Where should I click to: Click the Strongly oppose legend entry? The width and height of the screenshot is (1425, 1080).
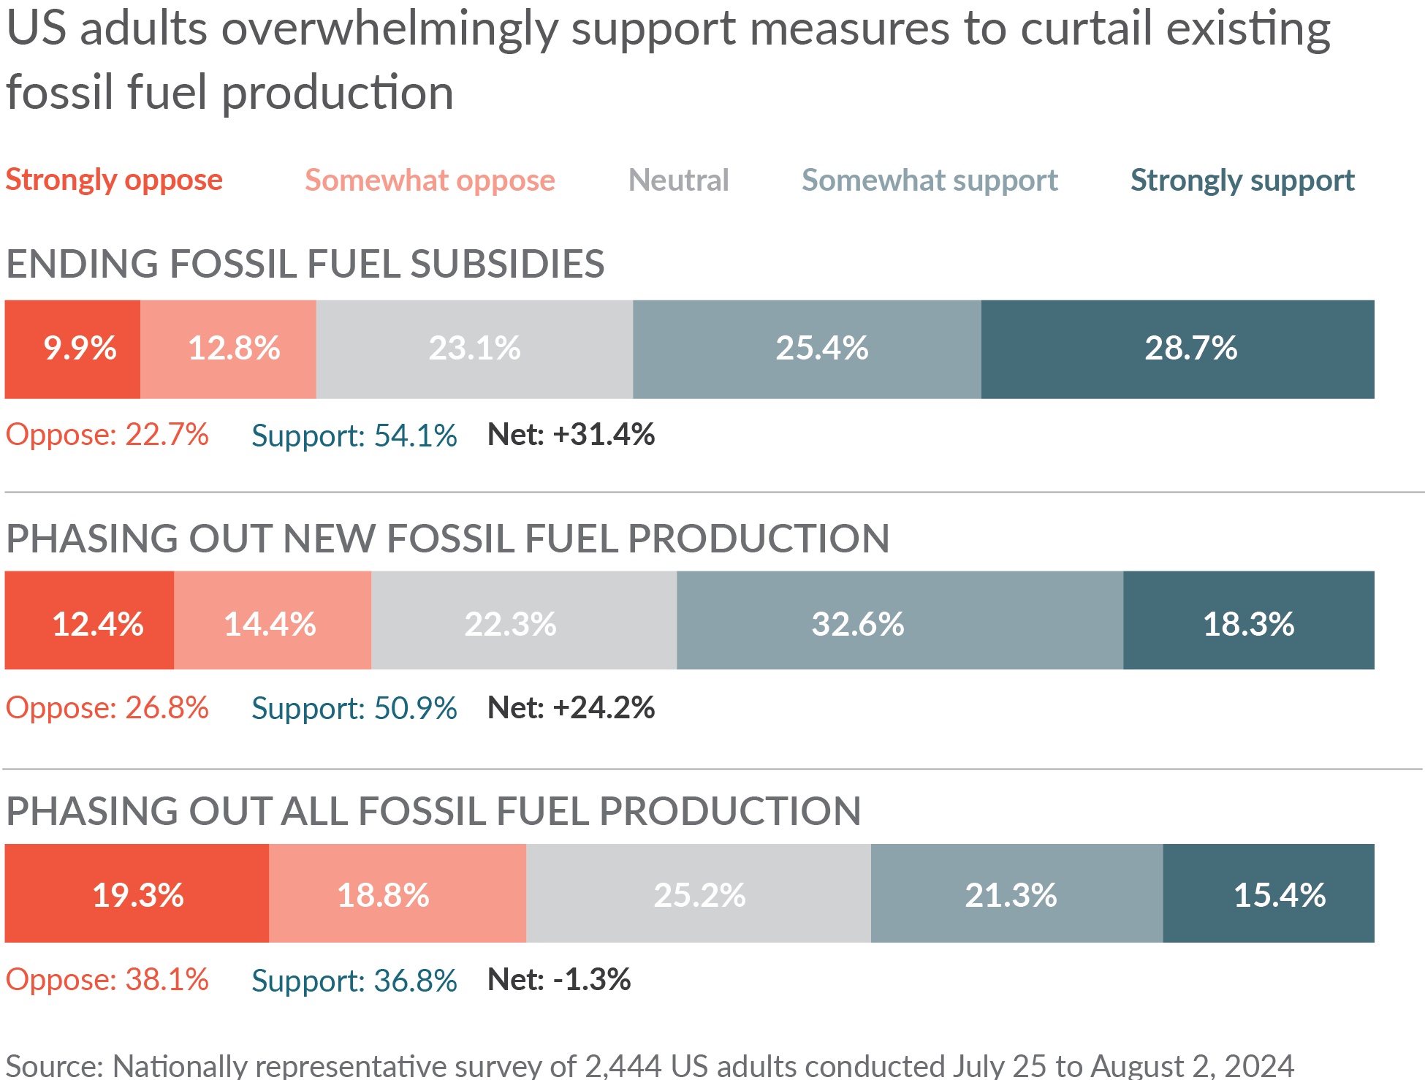(114, 180)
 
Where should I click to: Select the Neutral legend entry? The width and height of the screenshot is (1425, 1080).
(678, 180)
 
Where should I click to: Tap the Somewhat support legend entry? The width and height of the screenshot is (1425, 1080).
(930, 180)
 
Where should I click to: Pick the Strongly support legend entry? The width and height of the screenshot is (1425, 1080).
(1242, 180)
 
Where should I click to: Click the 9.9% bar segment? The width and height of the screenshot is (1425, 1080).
(72, 349)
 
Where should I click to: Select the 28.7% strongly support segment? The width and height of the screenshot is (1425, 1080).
(1177, 349)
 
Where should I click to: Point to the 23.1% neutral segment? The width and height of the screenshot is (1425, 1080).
(474, 349)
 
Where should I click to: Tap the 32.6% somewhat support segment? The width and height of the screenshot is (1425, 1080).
(900, 620)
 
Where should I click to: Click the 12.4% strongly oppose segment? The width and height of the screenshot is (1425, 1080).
(89, 620)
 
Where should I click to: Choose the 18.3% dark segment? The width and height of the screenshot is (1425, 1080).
(1248, 620)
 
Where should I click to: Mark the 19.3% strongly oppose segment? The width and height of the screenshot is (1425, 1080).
(137, 893)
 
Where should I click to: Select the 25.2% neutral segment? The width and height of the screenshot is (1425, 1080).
(699, 893)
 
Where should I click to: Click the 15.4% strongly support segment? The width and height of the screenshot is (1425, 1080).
(1269, 893)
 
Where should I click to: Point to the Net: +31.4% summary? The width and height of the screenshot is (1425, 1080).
(571, 435)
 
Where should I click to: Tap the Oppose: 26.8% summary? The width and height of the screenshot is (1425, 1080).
(107, 707)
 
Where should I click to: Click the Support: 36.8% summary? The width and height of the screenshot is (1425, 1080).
(354, 980)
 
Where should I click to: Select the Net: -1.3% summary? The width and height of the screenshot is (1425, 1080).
(559, 980)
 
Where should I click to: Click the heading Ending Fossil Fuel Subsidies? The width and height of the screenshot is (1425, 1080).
(305, 264)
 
